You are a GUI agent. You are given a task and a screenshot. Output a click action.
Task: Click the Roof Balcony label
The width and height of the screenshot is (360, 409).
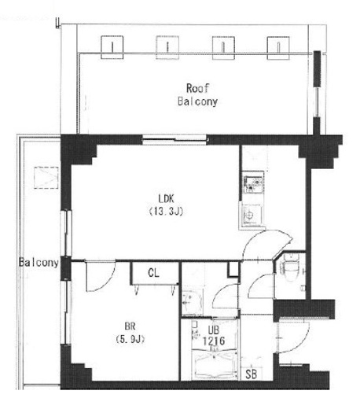pyautogui.click(x=197, y=94)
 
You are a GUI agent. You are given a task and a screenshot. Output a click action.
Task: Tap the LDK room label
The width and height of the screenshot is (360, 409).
pyautogui.click(x=166, y=198)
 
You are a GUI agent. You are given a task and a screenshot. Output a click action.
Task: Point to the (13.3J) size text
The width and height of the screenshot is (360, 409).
pyautogui.click(x=166, y=211)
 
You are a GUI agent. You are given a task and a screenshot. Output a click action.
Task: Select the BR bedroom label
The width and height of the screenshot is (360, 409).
pyautogui.click(x=130, y=326)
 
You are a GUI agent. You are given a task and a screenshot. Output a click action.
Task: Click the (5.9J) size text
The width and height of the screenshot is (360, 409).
pyautogui.click(x=130, y=339)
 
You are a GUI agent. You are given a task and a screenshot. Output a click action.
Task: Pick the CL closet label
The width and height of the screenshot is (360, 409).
pyautogui.click(x=153, y=273)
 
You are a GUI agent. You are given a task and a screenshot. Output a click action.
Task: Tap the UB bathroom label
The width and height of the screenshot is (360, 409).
pyautogui.click(x=214, y=330)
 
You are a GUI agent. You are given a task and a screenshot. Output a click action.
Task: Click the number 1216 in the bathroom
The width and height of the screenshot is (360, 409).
pyautogui.click(x=214, y=341)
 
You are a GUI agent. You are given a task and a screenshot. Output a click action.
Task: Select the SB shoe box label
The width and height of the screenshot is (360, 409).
pyautogui.click(x=251, y=374)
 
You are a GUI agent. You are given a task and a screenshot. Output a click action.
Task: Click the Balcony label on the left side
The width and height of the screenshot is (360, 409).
pyautogui.click(x=39, y=263)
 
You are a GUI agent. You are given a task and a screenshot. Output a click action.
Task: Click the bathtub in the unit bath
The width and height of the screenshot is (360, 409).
pyautogui.click(x=215, y=365)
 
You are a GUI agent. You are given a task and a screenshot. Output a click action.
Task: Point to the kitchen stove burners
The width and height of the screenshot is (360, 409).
pyautogui.click(x=253, y=182)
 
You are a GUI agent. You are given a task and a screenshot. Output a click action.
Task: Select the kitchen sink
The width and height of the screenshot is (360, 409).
pyautogui.click(x=252, y=215)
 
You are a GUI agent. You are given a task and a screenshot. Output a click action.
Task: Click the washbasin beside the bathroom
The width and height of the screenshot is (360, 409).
pyautogui.click(x=192, y=302)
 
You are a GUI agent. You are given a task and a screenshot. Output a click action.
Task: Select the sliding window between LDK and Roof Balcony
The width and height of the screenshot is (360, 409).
pyautogui.click(x=174, y=140)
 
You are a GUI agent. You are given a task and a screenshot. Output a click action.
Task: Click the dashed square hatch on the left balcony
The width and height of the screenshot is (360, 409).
pyautogui.click(x=46, y=178)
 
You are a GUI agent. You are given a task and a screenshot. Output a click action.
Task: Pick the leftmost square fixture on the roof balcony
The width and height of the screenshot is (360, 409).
pyautogui.click(x=112, y=47)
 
